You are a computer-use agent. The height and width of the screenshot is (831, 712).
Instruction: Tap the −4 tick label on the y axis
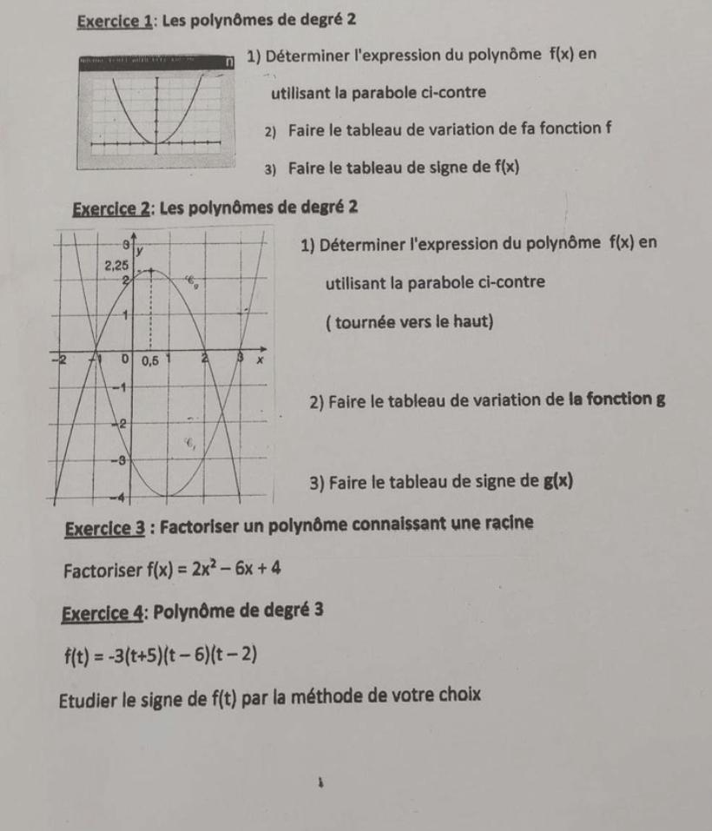(x=113, y=496)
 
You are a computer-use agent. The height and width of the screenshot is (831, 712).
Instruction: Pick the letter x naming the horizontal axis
(x=255, y=359)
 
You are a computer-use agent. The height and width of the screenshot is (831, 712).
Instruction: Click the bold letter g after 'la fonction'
(x=662, y=400)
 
